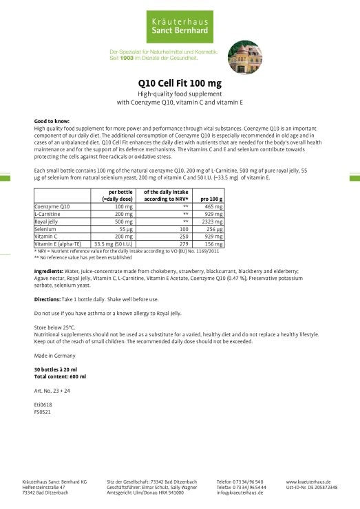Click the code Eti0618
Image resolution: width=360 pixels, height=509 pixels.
[42, 407]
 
